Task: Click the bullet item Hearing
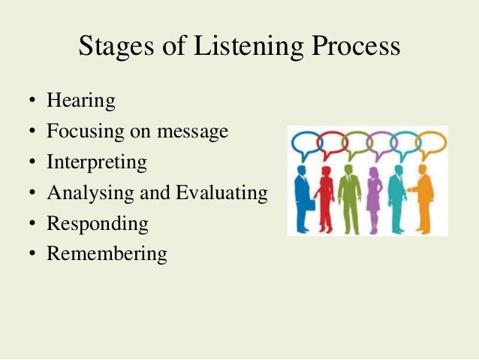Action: pyautogui.click(x=80, y=101)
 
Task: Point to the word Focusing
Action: pyautogui.click(x=80, y=132)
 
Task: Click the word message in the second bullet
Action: pyautogui.click(x=193, y=132)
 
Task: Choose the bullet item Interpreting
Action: pyautogui.click(x=96, y=162)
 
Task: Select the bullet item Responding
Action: pyautogui.click(x=97, y=223)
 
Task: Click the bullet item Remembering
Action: pyautogui.click(x=107, y=253)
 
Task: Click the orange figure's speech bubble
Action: pyautogui.click(x=431, y=142)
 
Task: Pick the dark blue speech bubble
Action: pyautogui.click(x=305, y=143)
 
